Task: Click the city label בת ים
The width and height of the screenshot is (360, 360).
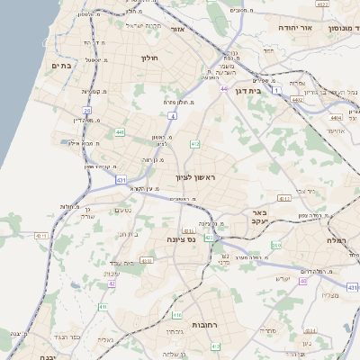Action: coord(61,66)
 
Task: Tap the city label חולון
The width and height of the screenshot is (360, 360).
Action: coord(149,58)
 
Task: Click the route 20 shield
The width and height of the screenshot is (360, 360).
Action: coord(87,111)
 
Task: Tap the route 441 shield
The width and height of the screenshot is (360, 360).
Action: coord(120,132)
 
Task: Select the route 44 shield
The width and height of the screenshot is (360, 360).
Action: coord(223,89)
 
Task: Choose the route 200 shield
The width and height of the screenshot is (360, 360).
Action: coord(276,245)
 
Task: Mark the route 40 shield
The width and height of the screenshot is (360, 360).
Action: coord(304,282)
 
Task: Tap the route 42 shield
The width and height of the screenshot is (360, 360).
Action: coord(112,283)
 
